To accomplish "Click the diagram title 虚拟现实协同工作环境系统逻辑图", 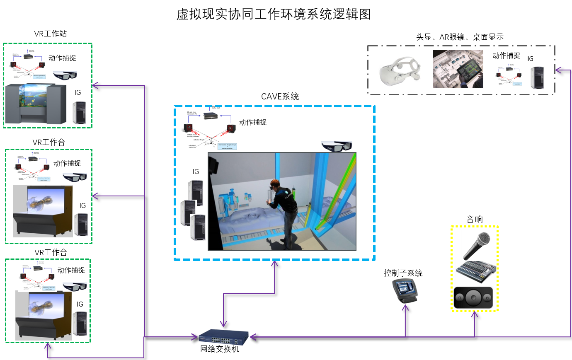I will pos(274,14).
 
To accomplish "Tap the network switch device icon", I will pos(223,337).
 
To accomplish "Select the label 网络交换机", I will pos(220,349).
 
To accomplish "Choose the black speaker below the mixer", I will pos(473,297).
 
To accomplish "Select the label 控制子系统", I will pos(403,273).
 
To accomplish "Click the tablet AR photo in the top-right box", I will pos(458,69).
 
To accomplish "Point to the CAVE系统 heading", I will pos(280,97).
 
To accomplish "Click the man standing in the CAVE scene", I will pos(284,211).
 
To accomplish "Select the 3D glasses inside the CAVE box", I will pos(337,146).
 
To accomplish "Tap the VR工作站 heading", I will pos(50,34).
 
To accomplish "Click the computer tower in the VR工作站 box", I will pos(79,112).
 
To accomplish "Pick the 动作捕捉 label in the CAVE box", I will pos(253,122).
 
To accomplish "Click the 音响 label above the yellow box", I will pos(474,219).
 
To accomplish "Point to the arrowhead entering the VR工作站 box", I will pos(95,85).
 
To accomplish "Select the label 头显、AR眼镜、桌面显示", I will pos(460,37).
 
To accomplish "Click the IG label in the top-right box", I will pos(530,59).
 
